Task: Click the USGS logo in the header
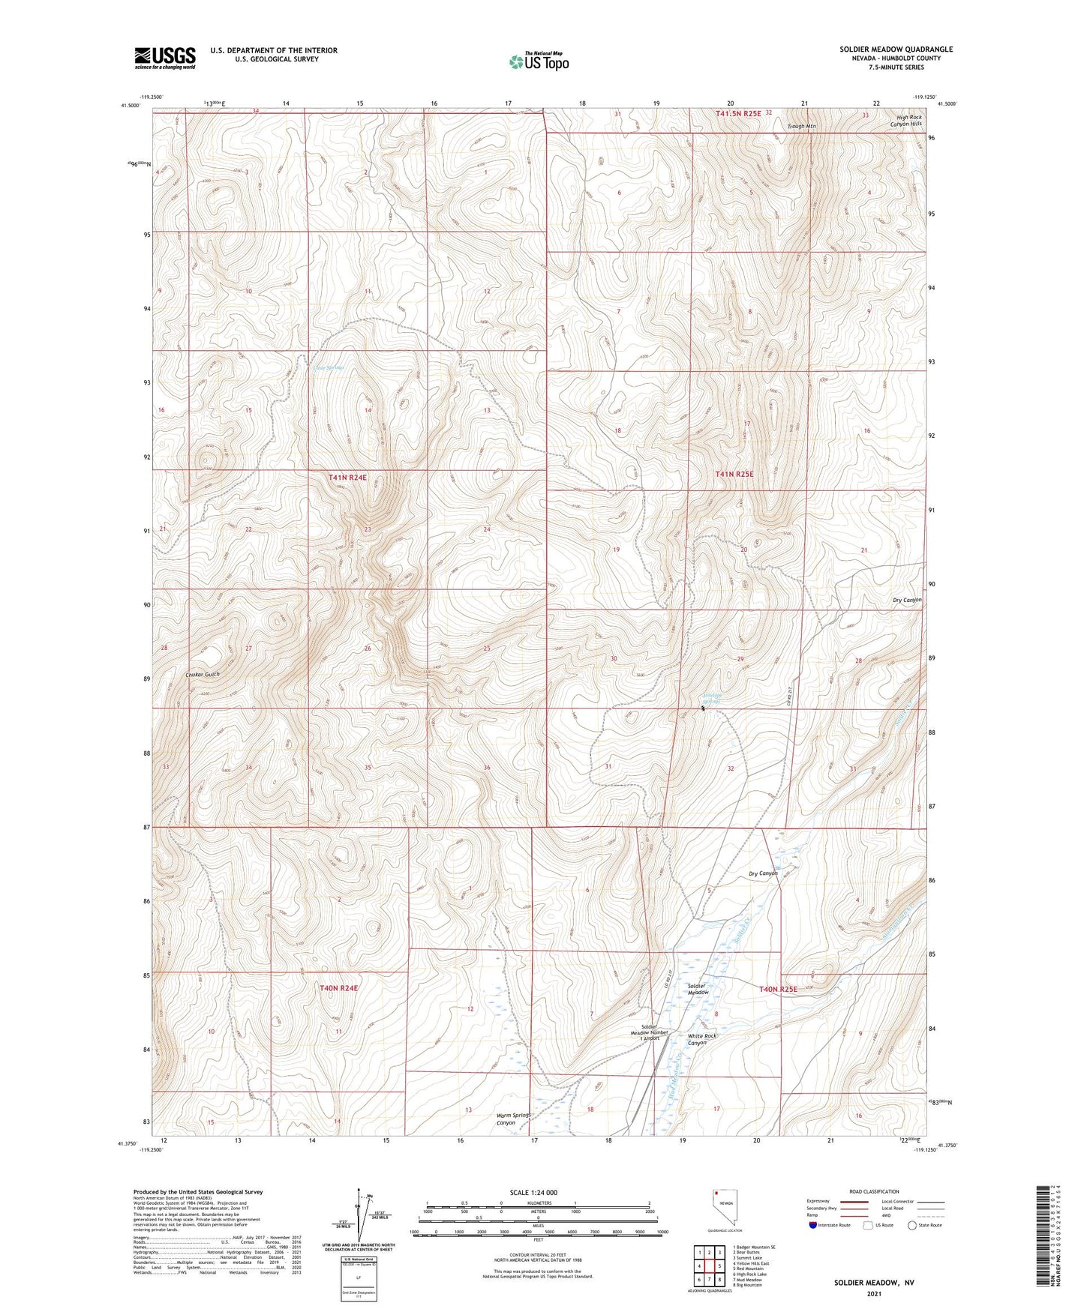tap(165, 58)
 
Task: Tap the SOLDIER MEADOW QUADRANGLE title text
tap(896, 49)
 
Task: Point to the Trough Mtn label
tap(801, 127)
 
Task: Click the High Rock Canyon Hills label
tap(908, 121)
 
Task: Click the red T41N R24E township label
tap(347, 477)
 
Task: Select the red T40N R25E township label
tap(778, 989)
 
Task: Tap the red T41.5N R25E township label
tap(738, 113)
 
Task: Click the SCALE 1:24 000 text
tap(533, 1192)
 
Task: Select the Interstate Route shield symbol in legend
tap(814, 1225)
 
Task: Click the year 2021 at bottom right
tap(874, 1293)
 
